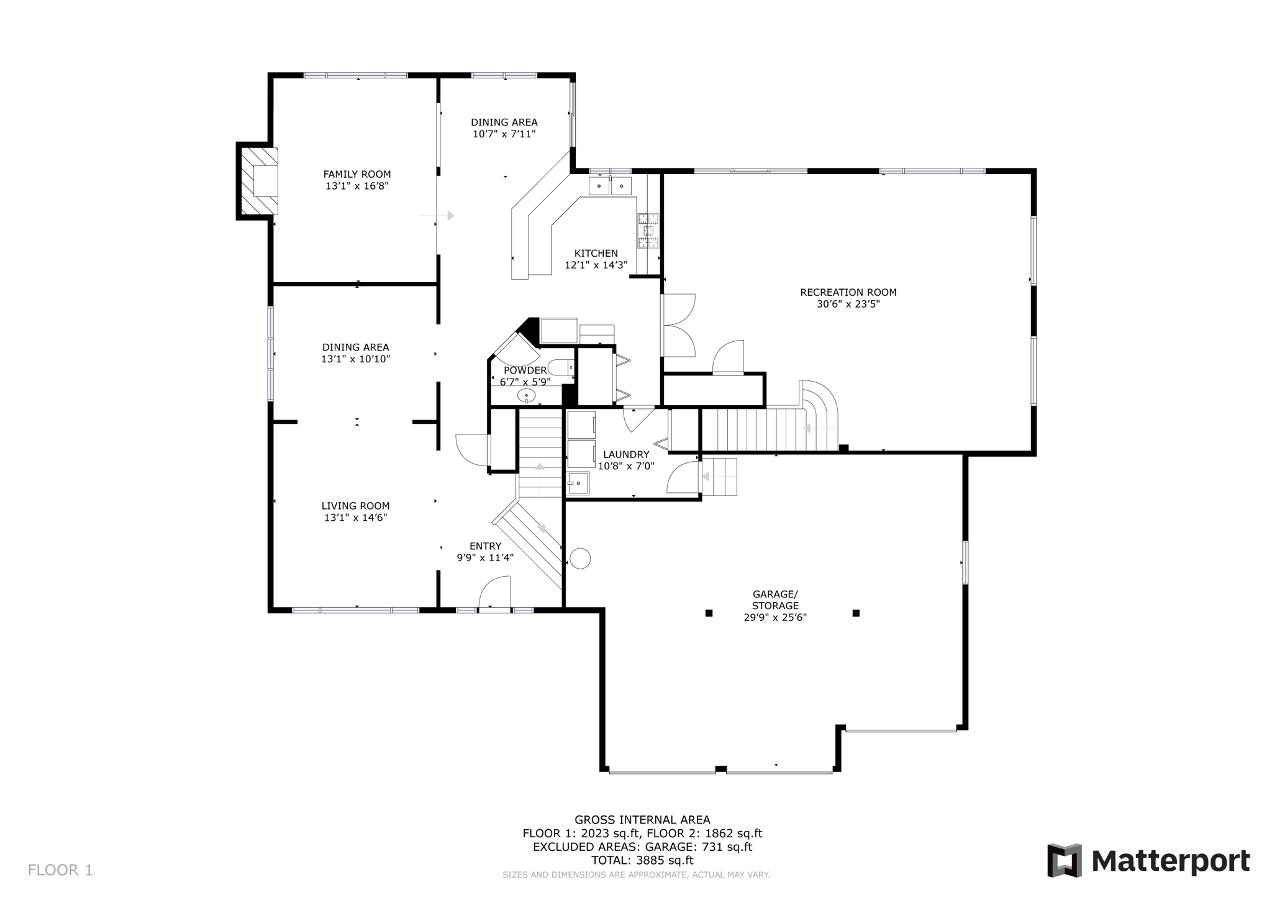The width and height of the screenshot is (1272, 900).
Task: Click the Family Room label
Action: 357,175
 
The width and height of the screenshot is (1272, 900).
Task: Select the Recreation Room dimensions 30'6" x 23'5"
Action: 848,304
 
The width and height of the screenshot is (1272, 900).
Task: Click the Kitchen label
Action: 596,253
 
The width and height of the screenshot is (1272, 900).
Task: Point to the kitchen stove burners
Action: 648,231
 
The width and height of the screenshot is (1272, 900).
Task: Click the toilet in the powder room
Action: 560,367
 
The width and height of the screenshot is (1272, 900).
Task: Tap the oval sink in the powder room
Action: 526,395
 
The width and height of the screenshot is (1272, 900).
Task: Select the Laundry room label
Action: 625,454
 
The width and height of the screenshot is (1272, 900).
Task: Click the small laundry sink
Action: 578,483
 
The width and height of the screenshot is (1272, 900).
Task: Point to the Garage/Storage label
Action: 775,600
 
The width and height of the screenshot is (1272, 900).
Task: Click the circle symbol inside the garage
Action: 580,558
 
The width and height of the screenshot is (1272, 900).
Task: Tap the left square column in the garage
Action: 709,613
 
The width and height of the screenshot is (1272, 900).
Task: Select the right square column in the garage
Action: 856,613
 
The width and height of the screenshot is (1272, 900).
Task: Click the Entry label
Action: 485,546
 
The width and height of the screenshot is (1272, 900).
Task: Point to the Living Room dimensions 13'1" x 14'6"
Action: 355,517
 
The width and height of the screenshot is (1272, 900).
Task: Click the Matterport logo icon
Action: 1065,860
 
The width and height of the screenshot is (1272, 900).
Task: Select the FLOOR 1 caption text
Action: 60,870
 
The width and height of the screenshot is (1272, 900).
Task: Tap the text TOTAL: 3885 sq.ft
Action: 642,860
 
